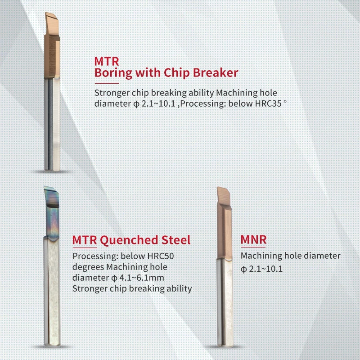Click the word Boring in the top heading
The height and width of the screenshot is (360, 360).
tap(113, 73)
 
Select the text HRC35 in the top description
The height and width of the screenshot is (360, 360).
tap(268, 104)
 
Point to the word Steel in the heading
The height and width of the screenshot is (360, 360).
tap(176, 240)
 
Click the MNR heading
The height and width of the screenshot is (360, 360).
tap(253, 240)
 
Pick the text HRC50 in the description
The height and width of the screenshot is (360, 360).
tap(161, 256)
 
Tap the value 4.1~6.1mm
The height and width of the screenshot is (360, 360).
tap(142, 278)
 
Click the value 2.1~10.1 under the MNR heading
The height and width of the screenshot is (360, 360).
tap(265, 269)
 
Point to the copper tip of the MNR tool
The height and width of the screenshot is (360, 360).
tap(224, 223)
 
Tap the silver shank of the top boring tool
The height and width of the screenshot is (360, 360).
tap(52, 124)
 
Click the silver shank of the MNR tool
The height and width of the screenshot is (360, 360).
tap(225, 302)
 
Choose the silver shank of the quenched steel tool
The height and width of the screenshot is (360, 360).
tap(52, 292)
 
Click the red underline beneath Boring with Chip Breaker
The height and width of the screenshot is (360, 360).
tap(107, 83)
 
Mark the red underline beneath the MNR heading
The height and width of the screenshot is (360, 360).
tap(253, 247)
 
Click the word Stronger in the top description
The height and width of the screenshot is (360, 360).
tap(112, 93)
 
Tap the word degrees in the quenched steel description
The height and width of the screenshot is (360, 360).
tap(88, 267)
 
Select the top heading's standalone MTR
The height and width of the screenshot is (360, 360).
tap(107, 62)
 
